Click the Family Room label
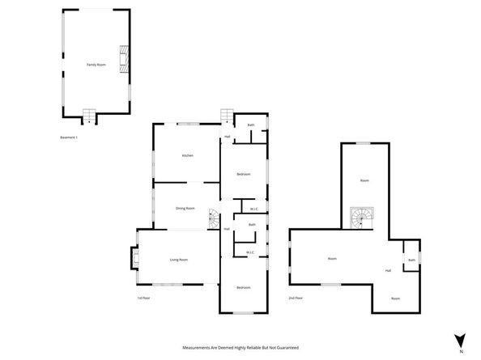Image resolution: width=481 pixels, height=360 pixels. tap(96, 64)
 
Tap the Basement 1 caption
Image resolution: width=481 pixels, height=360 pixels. tap(69, 138)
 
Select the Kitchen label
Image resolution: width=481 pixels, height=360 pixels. tap(187, 155)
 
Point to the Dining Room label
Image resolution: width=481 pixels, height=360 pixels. tap(185, 208)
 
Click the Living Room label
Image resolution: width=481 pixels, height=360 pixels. tap(179, 260)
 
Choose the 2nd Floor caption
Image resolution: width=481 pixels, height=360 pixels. tap(296, 298)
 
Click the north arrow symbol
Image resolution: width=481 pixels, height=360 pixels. tap(459, 341)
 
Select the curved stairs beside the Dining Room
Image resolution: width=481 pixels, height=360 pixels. tap(214, 219)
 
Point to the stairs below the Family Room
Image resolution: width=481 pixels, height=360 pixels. tap(89, 117)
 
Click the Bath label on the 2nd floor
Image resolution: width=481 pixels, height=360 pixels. tap(411, 260)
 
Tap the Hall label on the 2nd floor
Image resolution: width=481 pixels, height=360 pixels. tap(389, 270)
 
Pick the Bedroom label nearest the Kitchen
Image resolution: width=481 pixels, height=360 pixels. tap(243, 175)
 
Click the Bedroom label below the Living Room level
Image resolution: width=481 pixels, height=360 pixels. tap(243, 288)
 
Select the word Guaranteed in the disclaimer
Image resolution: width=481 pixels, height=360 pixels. tap(283, 347)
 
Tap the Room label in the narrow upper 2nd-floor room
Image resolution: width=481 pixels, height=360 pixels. tap(364, 180)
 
